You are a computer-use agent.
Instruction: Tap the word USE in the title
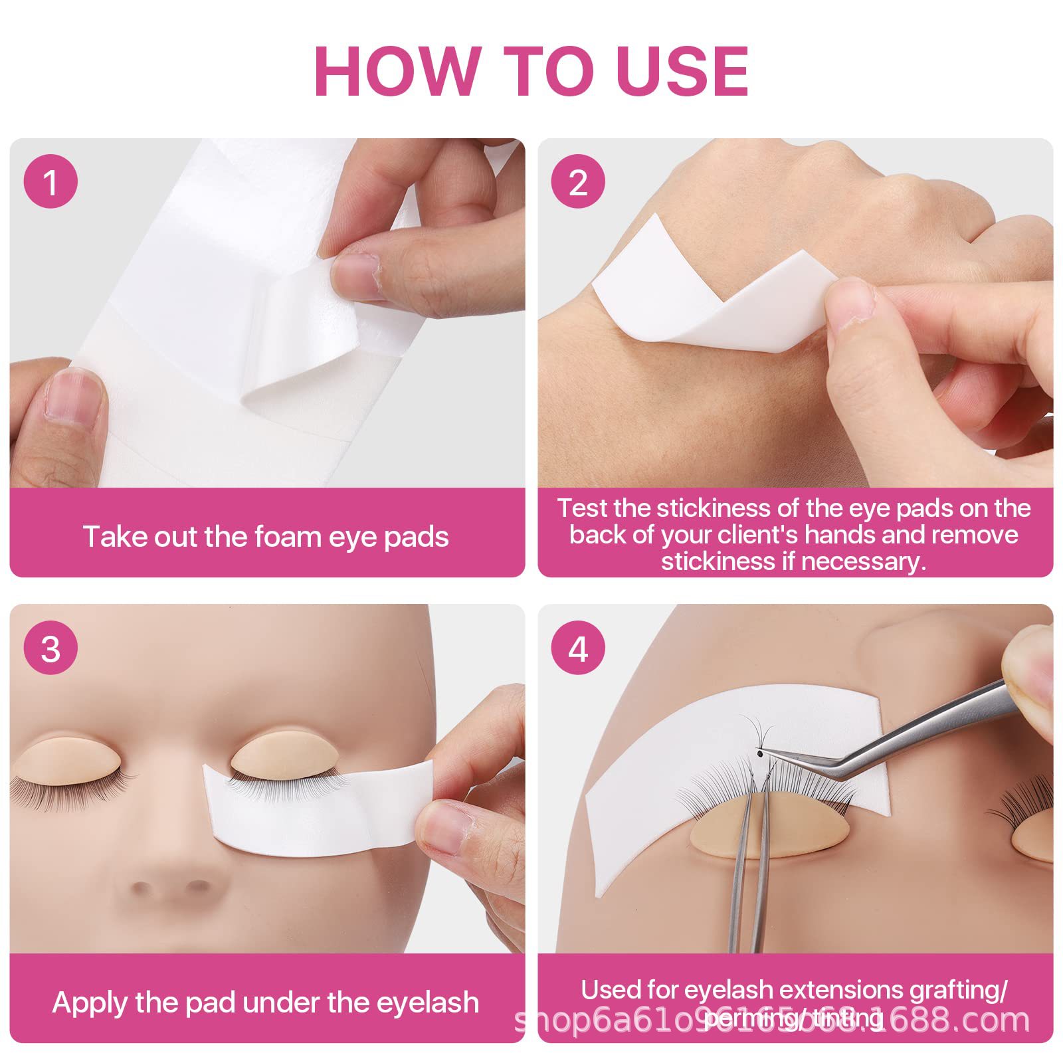(x=683, y=71)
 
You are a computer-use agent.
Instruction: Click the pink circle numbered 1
(x=50, y=181)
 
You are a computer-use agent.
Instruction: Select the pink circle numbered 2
(x=578, y=181)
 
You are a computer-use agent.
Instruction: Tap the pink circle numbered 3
(x=50, y=648)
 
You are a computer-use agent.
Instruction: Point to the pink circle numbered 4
(x=578, y=648)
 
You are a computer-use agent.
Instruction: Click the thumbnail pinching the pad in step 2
(x=850, y=302)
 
